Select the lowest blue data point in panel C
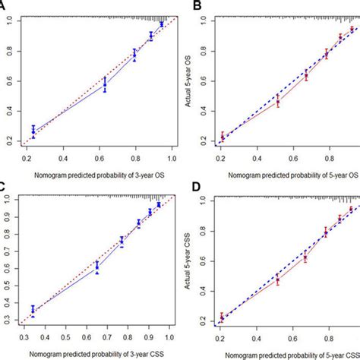[x=33, y=309]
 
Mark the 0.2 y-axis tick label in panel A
[x=10, y=141]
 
